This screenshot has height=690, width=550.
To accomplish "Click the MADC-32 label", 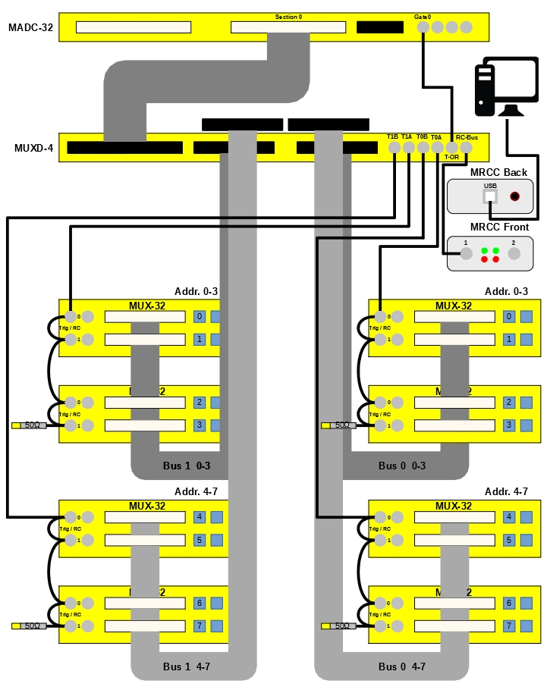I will point(30,28).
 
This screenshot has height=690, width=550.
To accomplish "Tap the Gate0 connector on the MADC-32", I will point(423,27).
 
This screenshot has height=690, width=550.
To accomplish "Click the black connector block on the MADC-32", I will point(380,27).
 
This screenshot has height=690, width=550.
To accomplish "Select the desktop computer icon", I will point(498,89).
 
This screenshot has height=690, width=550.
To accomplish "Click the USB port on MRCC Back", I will point(490,196).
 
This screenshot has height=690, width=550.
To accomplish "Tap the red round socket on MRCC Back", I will point(515,196).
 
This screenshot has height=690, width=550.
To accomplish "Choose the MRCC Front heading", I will point(499,227).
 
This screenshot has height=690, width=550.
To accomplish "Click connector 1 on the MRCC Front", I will point(466,254).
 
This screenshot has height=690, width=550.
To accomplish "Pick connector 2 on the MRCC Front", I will point(514,254).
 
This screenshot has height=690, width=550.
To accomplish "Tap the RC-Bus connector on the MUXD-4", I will point(466,148).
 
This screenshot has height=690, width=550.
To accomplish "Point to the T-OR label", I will point(452,157).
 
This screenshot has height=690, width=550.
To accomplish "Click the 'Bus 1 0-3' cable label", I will point(187,466).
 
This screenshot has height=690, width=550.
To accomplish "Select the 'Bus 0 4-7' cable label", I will point(402,666).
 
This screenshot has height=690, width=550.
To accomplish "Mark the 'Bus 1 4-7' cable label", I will point(187,666).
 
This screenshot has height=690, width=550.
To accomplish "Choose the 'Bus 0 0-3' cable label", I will point(402,466).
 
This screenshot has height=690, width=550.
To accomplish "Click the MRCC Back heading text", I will point(498,172).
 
